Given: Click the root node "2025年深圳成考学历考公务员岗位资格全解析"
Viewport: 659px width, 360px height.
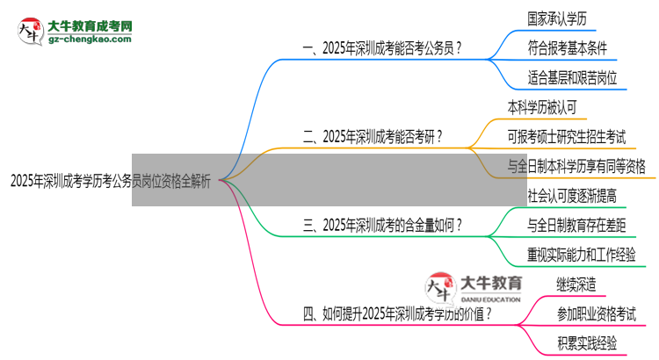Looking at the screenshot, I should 110,183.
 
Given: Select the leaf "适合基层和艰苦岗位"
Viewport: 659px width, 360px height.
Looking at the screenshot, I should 573,77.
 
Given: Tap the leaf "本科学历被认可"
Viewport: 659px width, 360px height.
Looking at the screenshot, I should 541,106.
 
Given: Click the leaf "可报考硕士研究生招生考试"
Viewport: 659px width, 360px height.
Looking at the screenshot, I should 567,136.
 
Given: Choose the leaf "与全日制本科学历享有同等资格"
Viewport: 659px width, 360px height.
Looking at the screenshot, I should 576,165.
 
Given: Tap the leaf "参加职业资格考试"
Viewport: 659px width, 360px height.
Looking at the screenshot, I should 596,313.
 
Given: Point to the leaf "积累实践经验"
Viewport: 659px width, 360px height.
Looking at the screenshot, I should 586,342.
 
